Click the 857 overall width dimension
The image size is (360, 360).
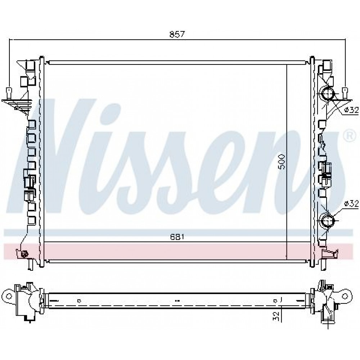pyautogui.click(x=177, y=34)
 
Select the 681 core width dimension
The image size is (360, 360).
pyautogui.click(x=177, y=237)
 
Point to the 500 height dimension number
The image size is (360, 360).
pyautogui.click(x=282, y=162)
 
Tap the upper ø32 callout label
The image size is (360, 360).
pyautogui.click(x=351, y=110)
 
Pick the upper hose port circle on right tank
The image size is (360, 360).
pyautogui.click(x=328, y=94)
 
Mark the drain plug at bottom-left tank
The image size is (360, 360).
pyautogui.click(x=24, y=254)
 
